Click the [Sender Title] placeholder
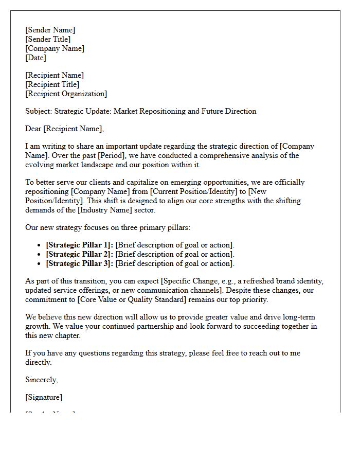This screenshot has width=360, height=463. tap(48, 39)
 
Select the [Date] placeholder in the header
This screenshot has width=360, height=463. tap(35, 58)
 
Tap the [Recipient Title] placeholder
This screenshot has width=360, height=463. tap(52, 84)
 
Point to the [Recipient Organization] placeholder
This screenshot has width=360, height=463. tap(66, 94)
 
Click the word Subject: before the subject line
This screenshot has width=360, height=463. tap(39, 111)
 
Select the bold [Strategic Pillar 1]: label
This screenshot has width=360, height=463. tap(79, 245)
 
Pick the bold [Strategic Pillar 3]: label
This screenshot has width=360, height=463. tap(79, 263)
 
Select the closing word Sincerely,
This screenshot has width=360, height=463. tap(41, 380)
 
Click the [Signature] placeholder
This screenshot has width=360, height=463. tap(44, 397)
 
